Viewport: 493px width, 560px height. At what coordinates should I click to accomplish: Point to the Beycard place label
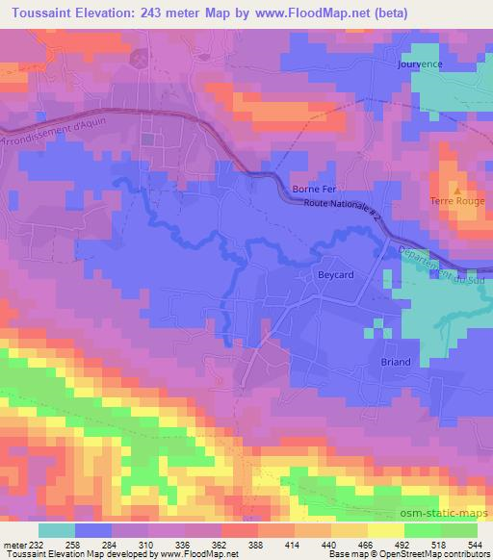(336, 275)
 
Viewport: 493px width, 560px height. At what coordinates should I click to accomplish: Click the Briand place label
(394, 362)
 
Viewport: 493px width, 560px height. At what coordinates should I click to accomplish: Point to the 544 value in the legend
(475, 545)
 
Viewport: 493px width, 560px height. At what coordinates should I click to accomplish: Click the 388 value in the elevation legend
(254, 545)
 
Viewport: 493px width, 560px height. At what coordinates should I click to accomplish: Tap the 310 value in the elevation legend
(147, 545)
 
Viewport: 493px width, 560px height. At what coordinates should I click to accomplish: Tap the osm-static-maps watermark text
(445, 514)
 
